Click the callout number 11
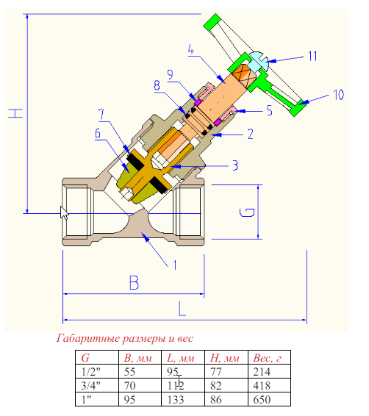pyautogui.click(x=312, y=56)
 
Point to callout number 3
pyautogui.click(x=234, y=166)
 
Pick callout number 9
pyautogui.click(x=169, y=74)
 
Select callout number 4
pyautogui.click(x=190, y=50)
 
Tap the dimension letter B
pyautogui.click(x=135, y=282)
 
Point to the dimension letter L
pyautogui.click(x=182, y=309)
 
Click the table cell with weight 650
pyautogui.click(x=263, y=399)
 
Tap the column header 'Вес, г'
pyautogui.click(x=268, y=358)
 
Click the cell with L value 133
pyautogui.click(x=176, y=399)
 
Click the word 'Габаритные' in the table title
pyautogui.click(x=90, y=339)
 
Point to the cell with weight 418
pyautogui.click(x=263, y=385)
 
